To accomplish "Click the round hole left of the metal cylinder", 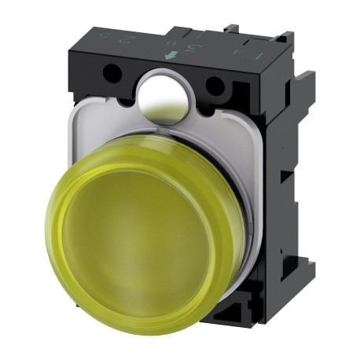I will tap(112, 74).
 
